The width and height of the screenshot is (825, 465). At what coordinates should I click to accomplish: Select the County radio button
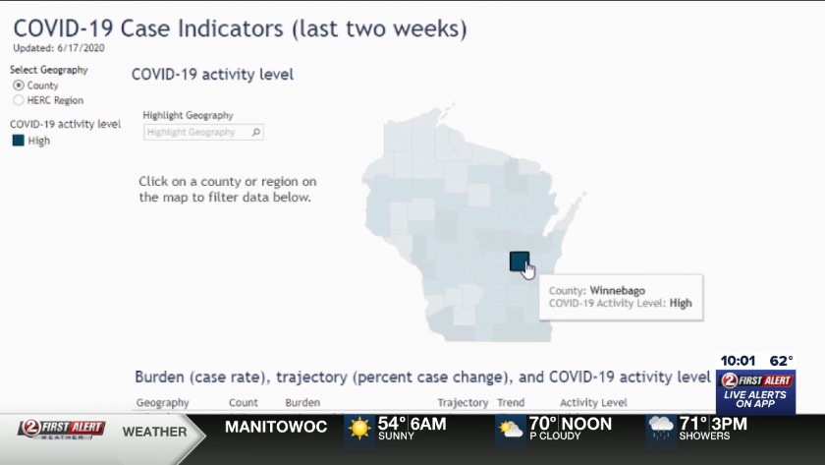(x=19, y=85)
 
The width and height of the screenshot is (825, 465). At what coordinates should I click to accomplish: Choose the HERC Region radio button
(x=19, y=100)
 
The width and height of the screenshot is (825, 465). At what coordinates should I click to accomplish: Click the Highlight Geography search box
(x=203, y=132)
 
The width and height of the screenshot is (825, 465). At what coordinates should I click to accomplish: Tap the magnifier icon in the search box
(x=256, y=132)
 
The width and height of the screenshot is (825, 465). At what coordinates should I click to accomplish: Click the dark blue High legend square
(x=19, y=141)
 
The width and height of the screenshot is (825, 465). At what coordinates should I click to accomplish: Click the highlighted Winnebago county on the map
(x=519, y=262)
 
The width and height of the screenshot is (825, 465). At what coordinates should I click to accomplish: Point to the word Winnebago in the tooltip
(x=617, y=290)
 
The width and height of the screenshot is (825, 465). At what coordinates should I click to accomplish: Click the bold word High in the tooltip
(x=681, y=304)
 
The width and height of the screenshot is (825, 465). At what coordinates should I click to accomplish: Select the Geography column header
(x=162, y=403)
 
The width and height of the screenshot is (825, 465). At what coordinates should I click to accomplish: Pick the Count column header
(x=244, y=403)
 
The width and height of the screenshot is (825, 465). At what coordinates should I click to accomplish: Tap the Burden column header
(x=302, y=403)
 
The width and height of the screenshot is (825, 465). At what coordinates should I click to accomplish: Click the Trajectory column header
(x=463, y=403)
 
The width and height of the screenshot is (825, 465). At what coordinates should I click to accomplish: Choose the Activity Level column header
(x=593, y=403)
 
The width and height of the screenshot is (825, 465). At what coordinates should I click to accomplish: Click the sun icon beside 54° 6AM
(x=359, y=428)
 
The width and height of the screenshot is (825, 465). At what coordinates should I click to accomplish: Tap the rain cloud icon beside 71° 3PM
(x=661, y=428)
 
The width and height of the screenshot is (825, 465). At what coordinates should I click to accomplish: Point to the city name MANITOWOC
(x=276, y=427)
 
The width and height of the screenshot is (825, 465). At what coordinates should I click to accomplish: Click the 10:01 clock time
(x=738, y=361)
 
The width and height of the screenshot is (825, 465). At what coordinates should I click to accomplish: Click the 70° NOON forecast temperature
(x=570, y=424)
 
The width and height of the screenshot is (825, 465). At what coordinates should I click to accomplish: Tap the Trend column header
(x=511, y=403)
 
